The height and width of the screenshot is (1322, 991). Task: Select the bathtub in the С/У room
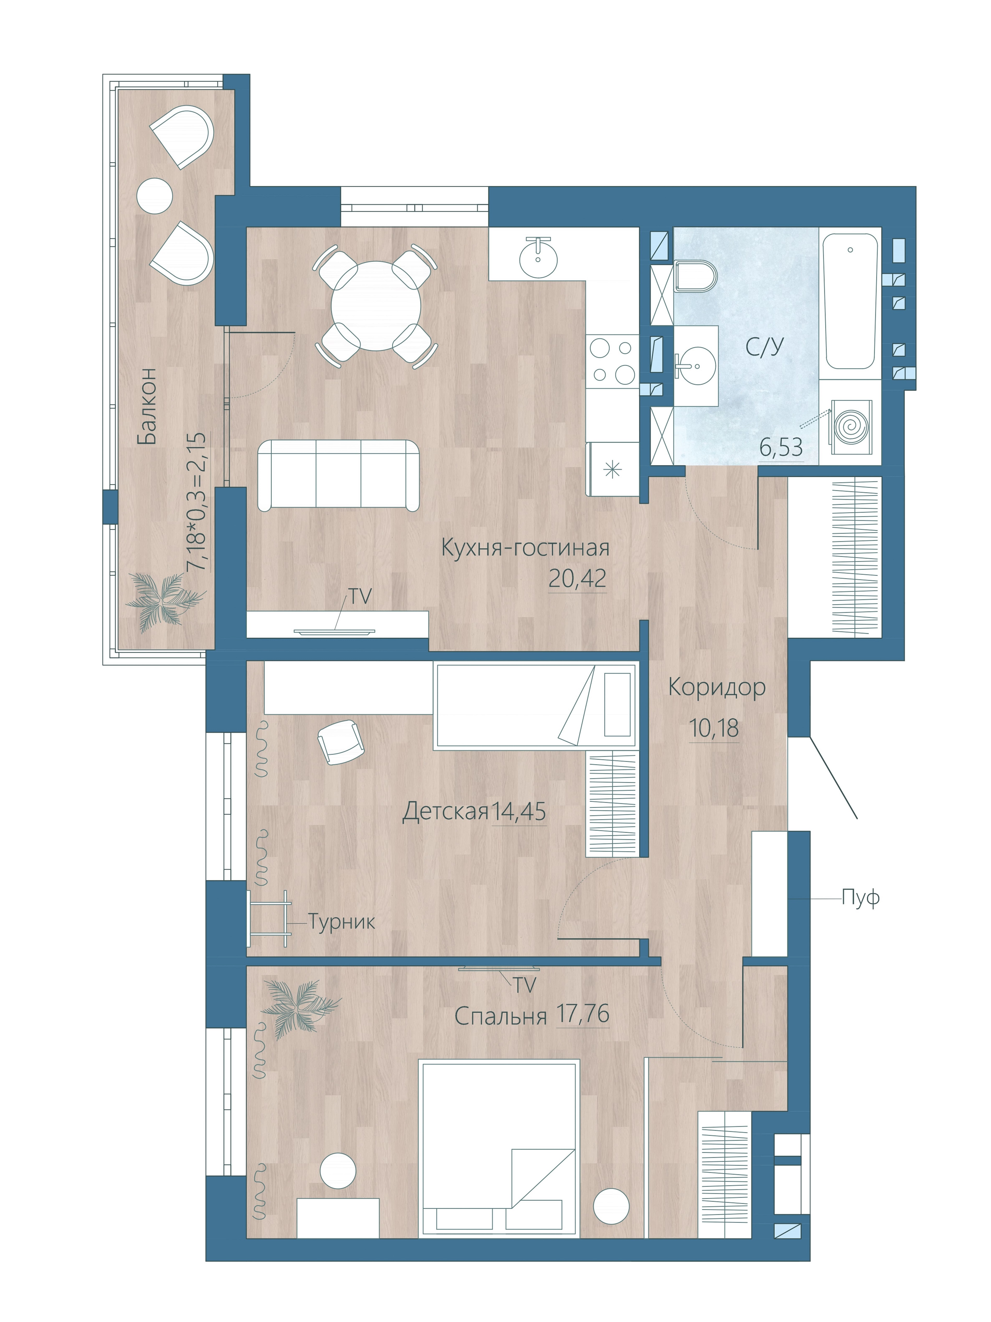click(x=849, y=302)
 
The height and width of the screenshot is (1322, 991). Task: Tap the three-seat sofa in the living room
click(x=338, y=475)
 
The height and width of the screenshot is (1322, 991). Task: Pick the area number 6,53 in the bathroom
click(x=781, y=447)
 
